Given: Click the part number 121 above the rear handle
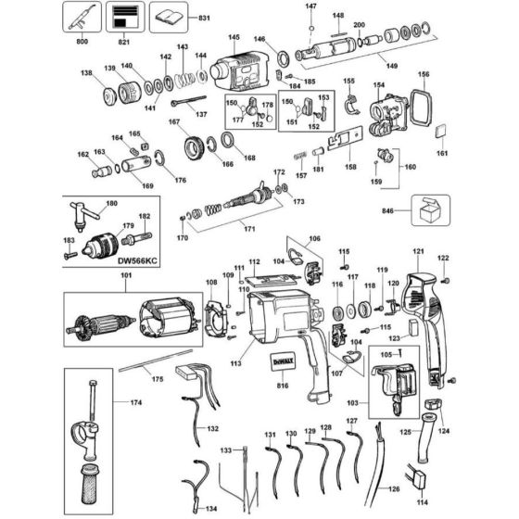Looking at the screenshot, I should (418, 250).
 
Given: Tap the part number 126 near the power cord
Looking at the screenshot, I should (393, 489).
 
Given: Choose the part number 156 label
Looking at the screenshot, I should (423, 74).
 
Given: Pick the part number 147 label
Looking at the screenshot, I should (310, 6).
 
